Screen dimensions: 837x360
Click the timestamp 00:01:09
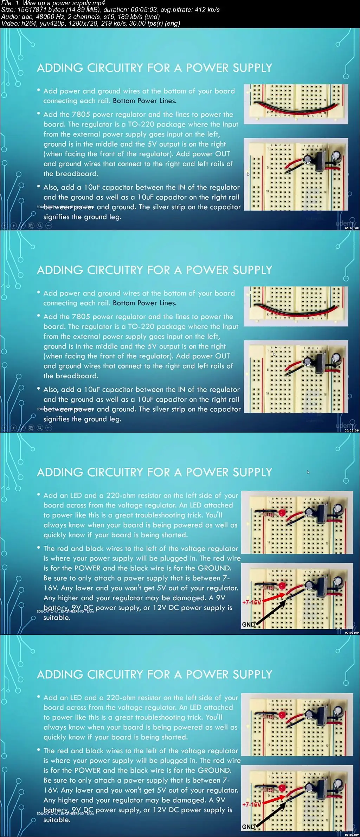click(351, 228)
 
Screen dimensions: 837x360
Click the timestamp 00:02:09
click(351, 430)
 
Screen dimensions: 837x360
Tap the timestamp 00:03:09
click(351, 633)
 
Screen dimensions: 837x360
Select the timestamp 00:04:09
click(351, 835)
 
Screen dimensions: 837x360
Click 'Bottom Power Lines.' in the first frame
click(144, 101)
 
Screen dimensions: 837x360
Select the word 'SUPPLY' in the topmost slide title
click(252, 68)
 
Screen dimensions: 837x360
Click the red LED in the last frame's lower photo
click(282, 787)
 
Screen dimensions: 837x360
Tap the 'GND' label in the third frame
click(248, 624)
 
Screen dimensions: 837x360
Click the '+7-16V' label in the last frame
click(251, 804)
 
